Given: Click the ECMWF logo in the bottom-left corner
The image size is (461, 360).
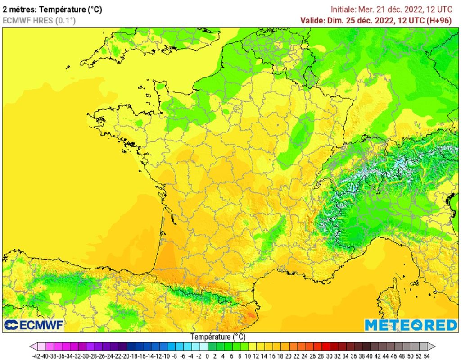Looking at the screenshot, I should (x=34, y=324).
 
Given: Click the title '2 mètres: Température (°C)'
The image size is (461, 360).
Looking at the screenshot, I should (x=55, y=9).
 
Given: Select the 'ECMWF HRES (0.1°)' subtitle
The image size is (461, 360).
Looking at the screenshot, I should (x=39, y=20).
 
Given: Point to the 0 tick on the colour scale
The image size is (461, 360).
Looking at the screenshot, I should (x=201, y=355).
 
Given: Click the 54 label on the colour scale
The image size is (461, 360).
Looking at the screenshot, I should (x=426, y=355).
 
